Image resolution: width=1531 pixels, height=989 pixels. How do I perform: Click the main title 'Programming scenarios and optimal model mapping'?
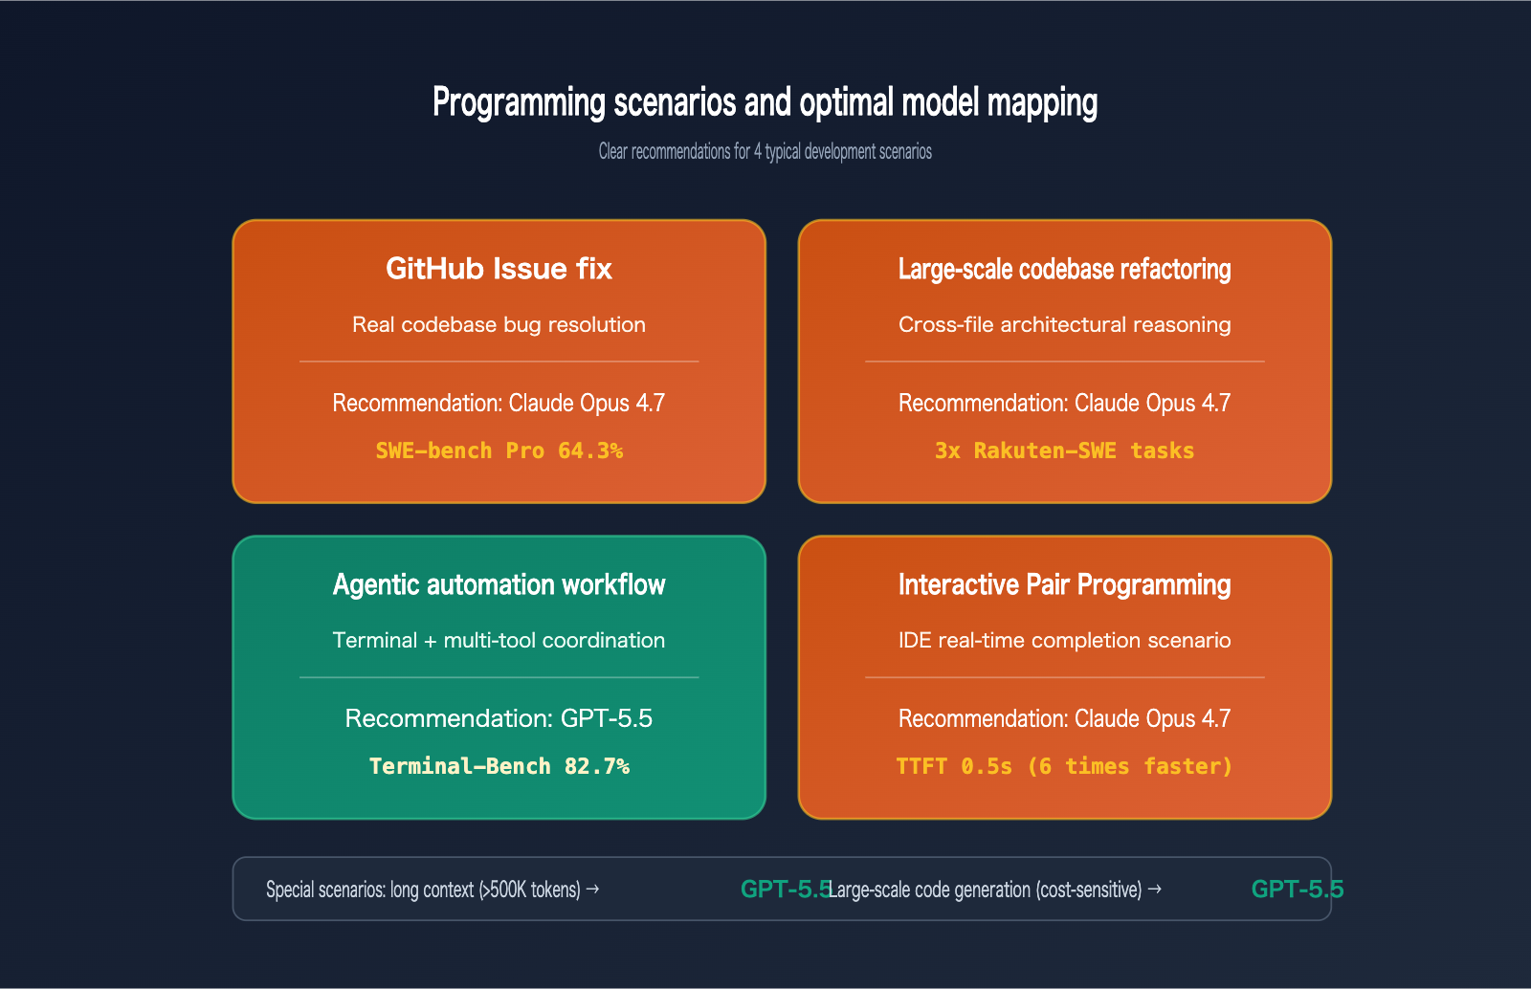click(765, 102)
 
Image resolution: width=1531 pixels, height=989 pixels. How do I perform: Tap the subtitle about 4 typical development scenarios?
click(765, 151)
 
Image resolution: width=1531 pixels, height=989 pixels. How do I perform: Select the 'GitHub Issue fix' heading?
click(499, 269)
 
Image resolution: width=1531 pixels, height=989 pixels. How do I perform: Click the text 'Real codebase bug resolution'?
click(499, 325)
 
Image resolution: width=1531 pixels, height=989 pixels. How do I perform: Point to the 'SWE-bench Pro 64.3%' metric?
click(499, 451)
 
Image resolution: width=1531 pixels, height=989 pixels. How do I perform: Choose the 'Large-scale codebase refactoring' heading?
click(1064, 270)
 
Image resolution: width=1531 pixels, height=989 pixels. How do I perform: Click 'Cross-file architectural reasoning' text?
click(1064, 325)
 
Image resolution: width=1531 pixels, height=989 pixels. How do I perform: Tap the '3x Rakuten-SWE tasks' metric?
click(1064, 451)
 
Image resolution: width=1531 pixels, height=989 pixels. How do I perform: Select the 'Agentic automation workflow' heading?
click(499, 584)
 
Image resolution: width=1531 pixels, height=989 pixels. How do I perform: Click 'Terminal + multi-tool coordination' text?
click(499, 641)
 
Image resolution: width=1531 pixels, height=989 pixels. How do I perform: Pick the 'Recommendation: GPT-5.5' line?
click(499, 718)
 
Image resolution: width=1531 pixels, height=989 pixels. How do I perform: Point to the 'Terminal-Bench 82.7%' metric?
click(499, 766)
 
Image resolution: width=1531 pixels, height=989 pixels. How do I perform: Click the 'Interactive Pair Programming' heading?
click(1064, 584)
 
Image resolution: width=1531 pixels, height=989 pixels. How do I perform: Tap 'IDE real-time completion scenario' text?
click(1064, 641)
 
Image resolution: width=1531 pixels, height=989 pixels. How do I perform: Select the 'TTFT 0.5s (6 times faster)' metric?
click(1064, 766)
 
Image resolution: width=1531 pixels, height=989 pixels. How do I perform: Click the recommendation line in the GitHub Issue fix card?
click(499, 403)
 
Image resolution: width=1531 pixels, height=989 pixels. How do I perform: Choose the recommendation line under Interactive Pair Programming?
click(1064, 718)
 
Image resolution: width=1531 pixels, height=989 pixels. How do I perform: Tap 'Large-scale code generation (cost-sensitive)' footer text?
click(995, 890)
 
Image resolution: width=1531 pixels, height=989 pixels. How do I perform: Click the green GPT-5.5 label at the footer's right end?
click(1297, 890)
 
